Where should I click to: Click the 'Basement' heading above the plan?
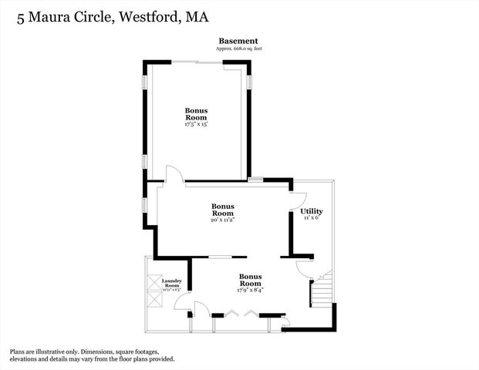click(x=238, y=41)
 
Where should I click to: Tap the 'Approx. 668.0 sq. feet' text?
click(x=238, y=49)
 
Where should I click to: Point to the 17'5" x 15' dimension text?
click(x=196, y=124)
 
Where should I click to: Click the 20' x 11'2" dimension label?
click(x=222, y=220)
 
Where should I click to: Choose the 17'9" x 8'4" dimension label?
click(x=251, y=290)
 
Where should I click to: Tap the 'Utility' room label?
click(x=311, y=211)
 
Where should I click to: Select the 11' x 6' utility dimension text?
click(x=311, y=218)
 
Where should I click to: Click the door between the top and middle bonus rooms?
click(x=174, y=174)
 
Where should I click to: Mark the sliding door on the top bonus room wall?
click(x=197, y=61)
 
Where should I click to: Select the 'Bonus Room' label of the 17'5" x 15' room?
click(x=196, y=114)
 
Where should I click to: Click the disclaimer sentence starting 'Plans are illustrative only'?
click(x=91, y=355)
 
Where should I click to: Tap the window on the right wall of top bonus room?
click(x=249, y=82)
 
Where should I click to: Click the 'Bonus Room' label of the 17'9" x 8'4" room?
click(x=251, y=279)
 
